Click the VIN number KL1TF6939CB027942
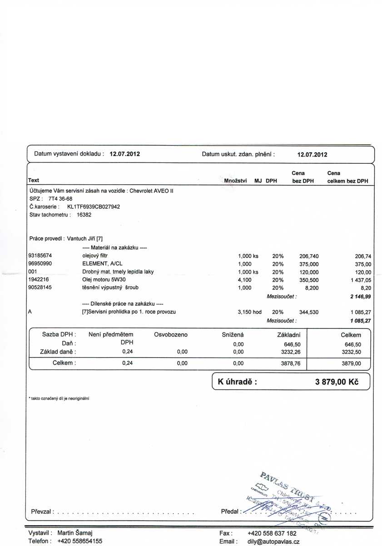[x=94, y=207]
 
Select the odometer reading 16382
[x=84, y=215]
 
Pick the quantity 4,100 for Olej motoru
[x=245, y=280]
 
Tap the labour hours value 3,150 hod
[x=250, y=312]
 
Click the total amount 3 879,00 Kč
[x=337, y=382]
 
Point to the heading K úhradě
[x=238, y=382]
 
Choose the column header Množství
[x=235, y=181]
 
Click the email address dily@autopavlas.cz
[x=273, y=541]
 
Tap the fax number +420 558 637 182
[x=272, y=533]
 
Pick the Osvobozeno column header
[x=171, y=335]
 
